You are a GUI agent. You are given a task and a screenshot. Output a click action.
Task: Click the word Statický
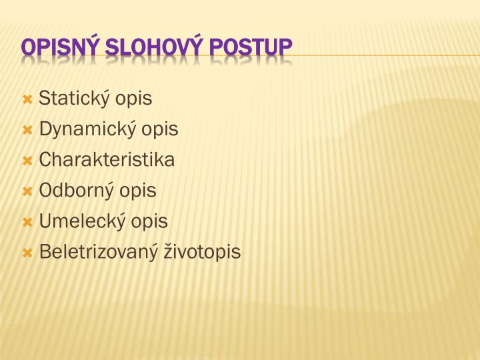[x=75, y=99]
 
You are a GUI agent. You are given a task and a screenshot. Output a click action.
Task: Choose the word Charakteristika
[x=107, y=160]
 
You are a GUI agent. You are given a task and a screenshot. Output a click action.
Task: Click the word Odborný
[x=77, y=191]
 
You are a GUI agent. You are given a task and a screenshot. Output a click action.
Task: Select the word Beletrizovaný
[x=99, y=252]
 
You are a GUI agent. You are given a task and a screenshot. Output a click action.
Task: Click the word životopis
[x=202, y=252]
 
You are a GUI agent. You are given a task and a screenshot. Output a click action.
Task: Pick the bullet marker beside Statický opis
[x=27, y=99]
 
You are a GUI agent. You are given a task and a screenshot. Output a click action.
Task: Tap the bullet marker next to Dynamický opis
[x=27, y=130]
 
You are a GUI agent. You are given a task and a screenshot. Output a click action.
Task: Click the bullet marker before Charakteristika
[x=27, y=161]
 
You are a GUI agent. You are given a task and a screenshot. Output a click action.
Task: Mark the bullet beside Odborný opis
[x=27, y=191]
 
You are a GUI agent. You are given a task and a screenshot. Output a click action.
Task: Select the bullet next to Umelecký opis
[x=27, y=222]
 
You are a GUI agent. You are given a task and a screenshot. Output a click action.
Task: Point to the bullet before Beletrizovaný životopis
[x=27, y=253]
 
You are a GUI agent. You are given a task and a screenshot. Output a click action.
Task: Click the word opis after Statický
[x=133, y=99]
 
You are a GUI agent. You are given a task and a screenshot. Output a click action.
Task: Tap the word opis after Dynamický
[x=160, y=130]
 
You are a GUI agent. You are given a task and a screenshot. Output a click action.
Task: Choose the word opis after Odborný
[x=137, y=191]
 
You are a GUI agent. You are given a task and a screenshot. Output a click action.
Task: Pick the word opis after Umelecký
[x=149, y=222]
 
